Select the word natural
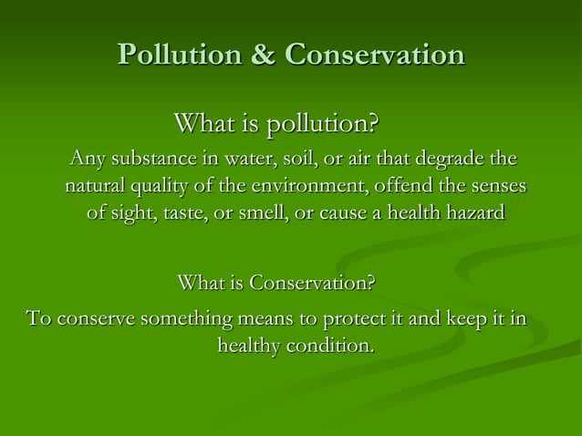pyautogui.click(x=97, y=188)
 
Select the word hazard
pyautogui.click(x=472, y=215)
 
